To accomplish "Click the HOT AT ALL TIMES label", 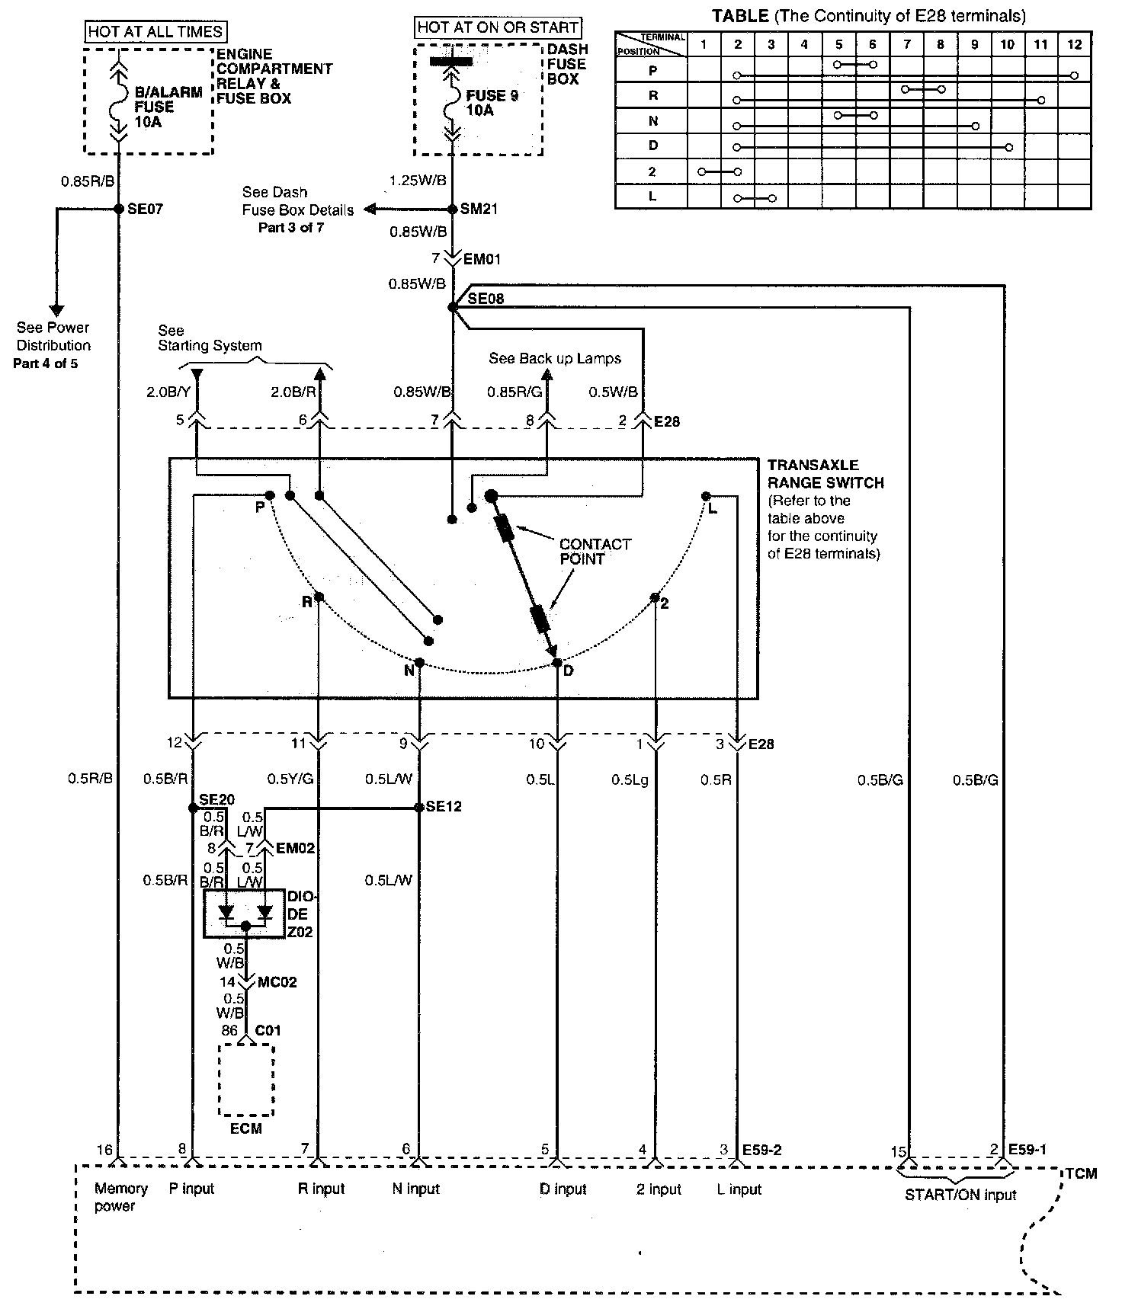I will (155, 31).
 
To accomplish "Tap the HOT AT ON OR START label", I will (498, 28).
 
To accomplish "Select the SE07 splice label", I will (146, 209).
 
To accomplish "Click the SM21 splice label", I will (479, 209).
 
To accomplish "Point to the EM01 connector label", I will (482, 259).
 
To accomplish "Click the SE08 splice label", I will (486, 299).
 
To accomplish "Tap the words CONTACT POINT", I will (595, 551).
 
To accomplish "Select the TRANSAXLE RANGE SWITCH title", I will (825, 474).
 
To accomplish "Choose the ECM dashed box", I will (246, 1079).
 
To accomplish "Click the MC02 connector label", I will (277, 982).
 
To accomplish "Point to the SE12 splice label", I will (444, 807).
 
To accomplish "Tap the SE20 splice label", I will (216, 800).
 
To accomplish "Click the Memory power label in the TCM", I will (120, 1197).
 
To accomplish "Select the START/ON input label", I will (960, 1195).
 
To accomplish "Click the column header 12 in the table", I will (1074, 44).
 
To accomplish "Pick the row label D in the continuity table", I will (652, 146).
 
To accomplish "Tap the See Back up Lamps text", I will (555, 358).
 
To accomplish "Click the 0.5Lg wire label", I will (630, 779).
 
